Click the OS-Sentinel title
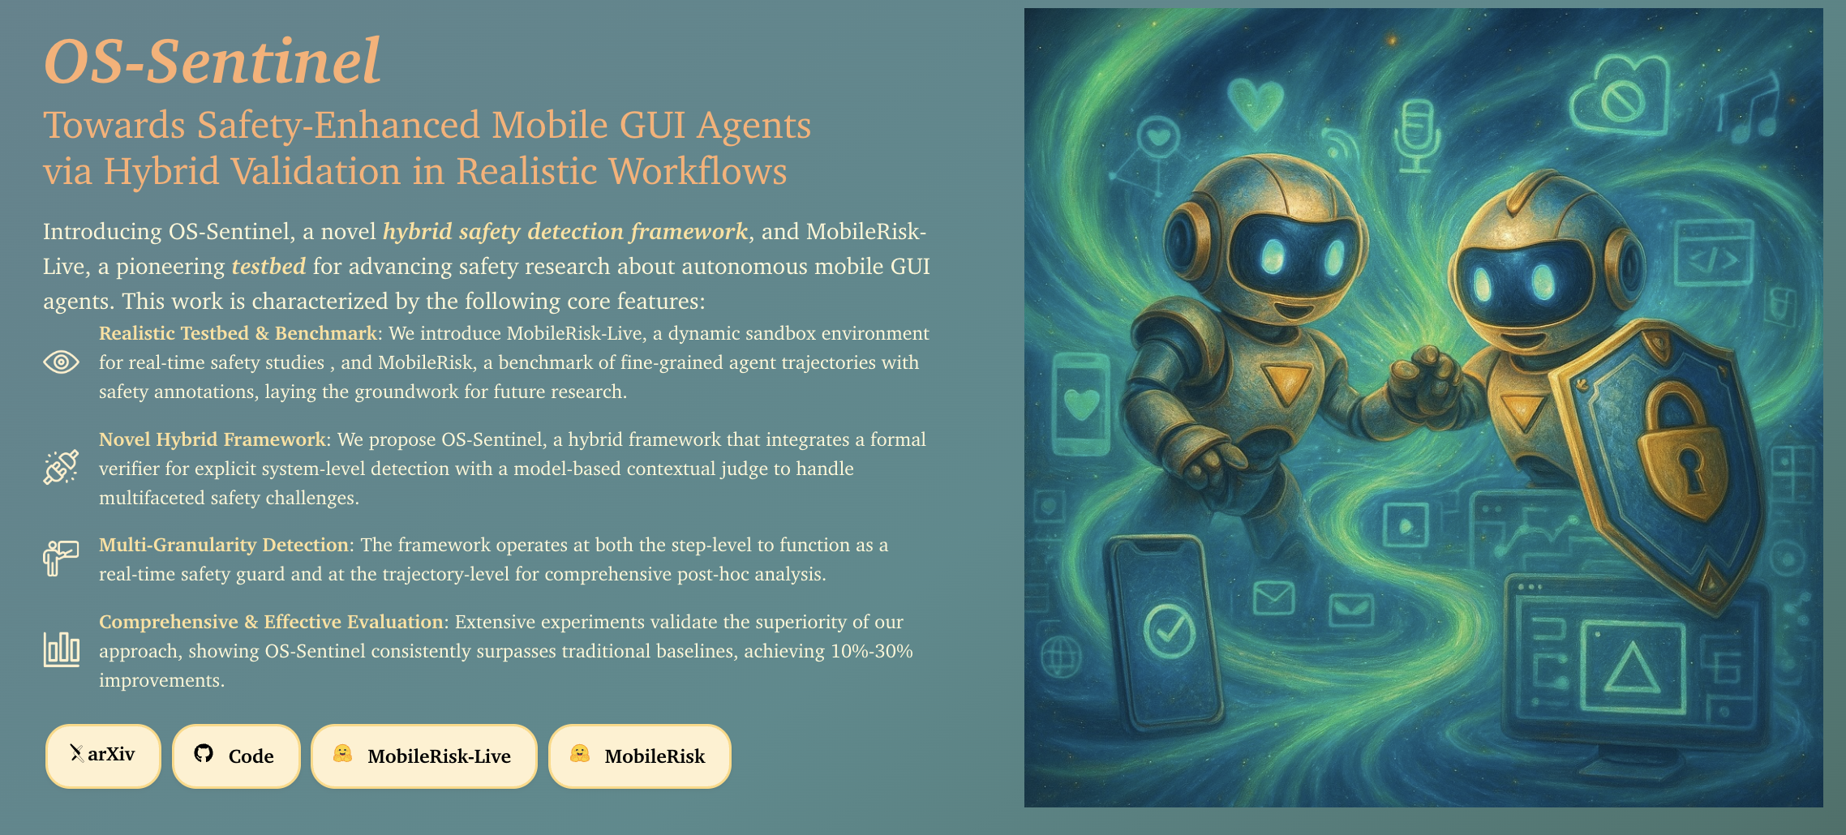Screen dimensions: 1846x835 [213, 62]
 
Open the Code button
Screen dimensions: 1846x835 [236, 756]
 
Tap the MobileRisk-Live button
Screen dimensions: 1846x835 [423, 756]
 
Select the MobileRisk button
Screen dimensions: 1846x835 [640, 756]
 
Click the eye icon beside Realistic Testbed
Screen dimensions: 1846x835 [61, 362]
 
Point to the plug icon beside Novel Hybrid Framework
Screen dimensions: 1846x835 [61, 467]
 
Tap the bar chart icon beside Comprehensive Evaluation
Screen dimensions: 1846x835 [61, 649]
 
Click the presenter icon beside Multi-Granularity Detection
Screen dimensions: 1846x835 [61, 558]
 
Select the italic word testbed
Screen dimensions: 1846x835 [268, 266]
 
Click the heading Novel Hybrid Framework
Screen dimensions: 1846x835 [212, 439]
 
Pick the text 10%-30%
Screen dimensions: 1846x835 [872, 651]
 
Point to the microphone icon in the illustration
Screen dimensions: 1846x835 [1417, 135]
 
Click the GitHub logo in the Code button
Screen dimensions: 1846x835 [204, 753]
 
